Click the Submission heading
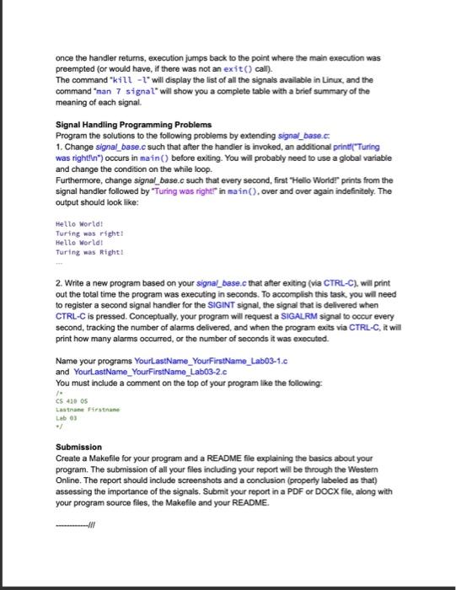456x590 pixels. (78, 446)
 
